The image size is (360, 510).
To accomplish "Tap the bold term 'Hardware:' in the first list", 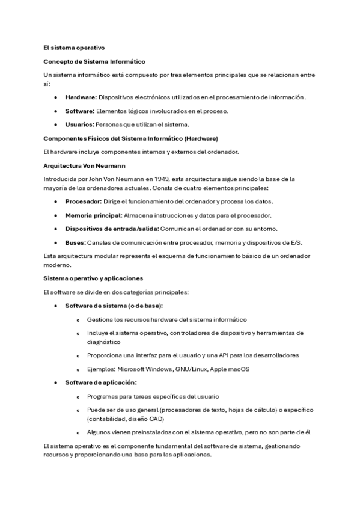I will click(81, 97).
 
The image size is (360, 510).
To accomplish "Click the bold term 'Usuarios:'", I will click(79, 124).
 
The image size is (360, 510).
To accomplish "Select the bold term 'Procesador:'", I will click(83, 201).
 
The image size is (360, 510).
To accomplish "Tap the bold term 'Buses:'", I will click(75, 242).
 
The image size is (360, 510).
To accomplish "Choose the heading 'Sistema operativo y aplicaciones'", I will click(91, 278).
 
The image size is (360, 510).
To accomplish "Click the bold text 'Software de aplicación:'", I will click(100, 382).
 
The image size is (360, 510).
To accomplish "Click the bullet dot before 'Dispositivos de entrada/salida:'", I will click(56, 229).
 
